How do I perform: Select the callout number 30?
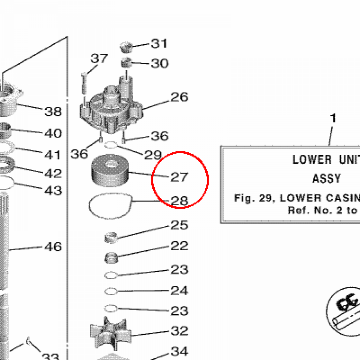tap(160, 63)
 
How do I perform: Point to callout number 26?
tap(179, 97)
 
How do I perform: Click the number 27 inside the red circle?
tap(179, 177)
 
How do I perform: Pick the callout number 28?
tap(179, 201)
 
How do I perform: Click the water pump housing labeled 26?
tap(112, 109)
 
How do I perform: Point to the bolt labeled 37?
tap(84, 83)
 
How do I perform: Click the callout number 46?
tap(53, 246)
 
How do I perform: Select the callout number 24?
tap(179, 290)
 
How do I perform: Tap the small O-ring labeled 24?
tap(111, 291)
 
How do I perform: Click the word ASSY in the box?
tap(327, 179)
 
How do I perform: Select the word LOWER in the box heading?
tap(312, 160)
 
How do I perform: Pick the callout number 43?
tap(53, 190)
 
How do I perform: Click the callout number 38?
tap(53, 111)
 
